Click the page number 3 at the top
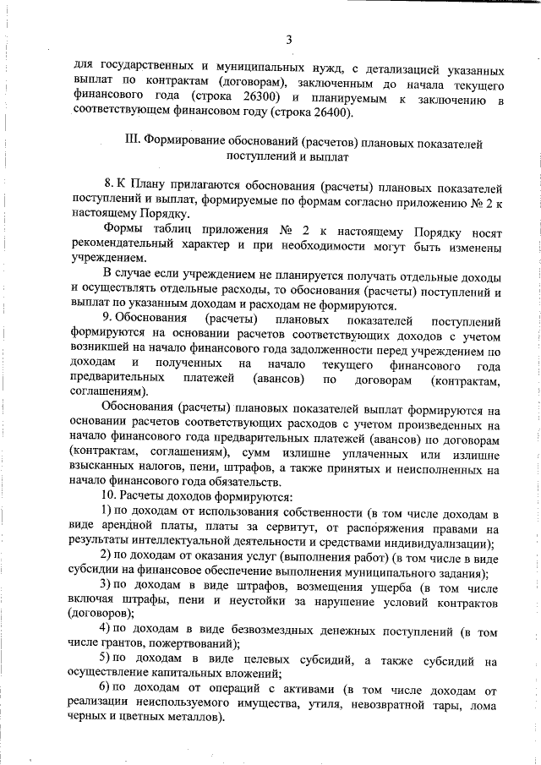(x=289, y=39)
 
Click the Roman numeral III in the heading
(x=131, y=140)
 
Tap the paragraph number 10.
(x=109, y=495)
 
